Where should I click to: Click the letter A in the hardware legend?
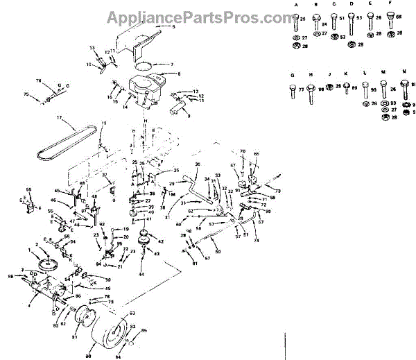[x=296, y=4]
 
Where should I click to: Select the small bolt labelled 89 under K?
[x=345, y=87]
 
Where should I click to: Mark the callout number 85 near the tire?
[x=144, y=331]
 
